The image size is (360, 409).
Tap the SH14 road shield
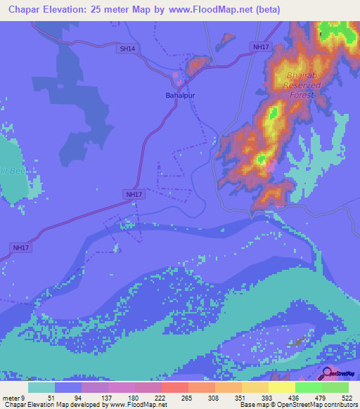(127, 48)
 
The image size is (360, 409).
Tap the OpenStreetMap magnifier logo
(328, 372)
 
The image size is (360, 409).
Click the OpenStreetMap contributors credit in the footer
(313, 405)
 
